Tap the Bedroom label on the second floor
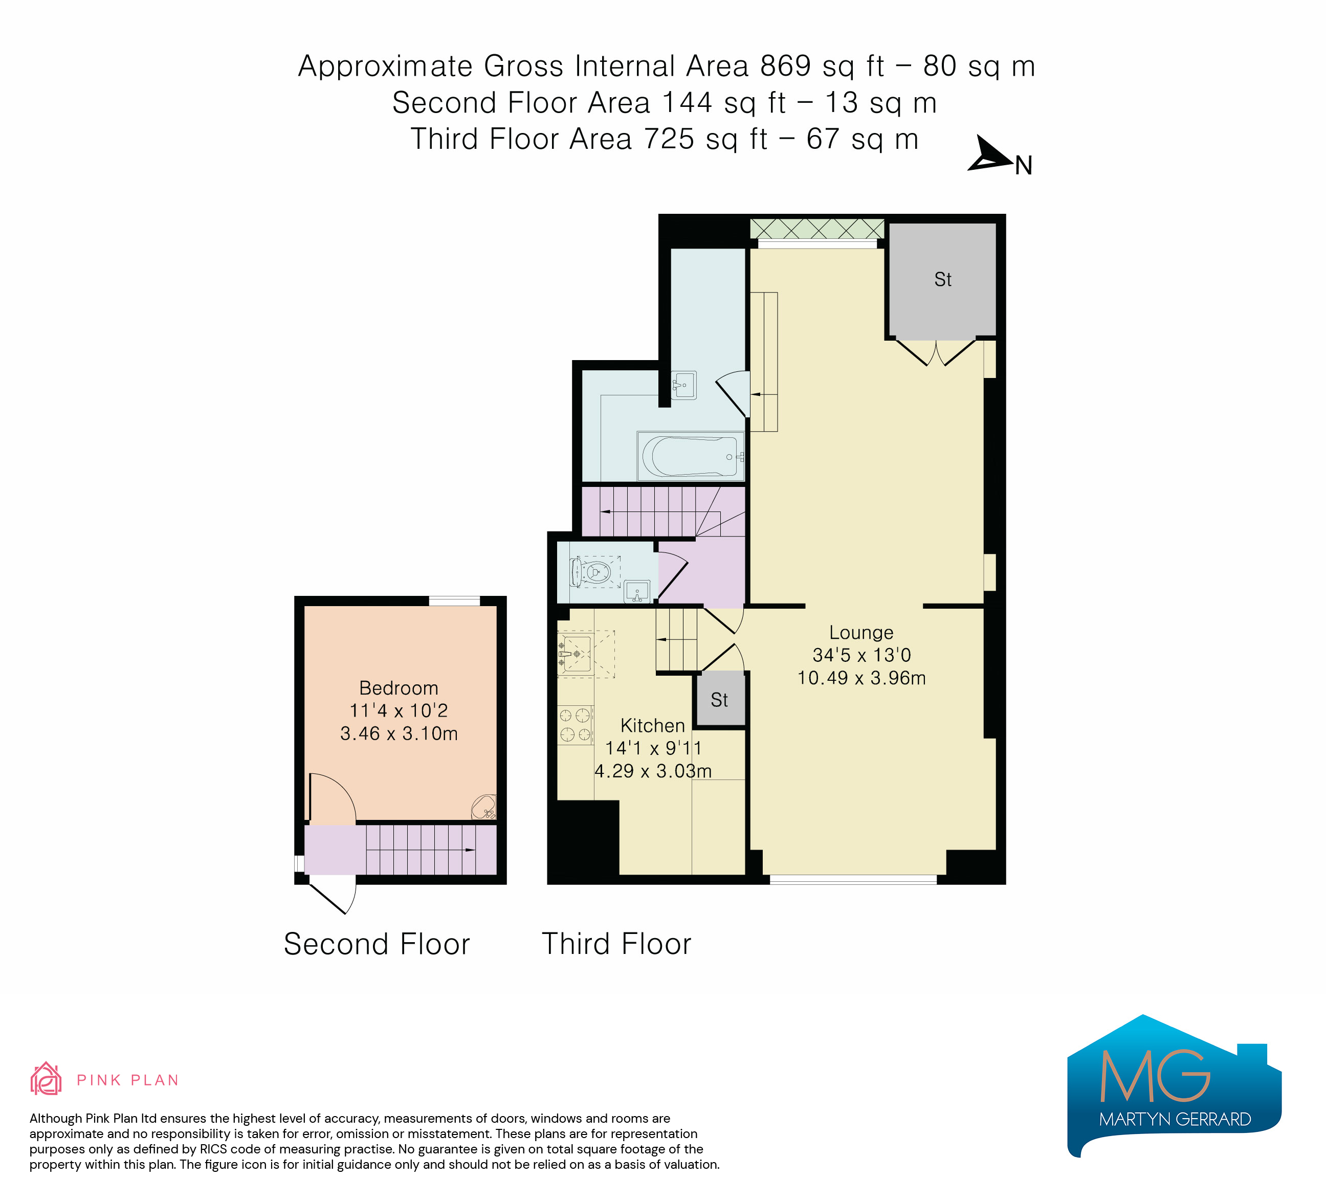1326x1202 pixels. [x=399, y=688]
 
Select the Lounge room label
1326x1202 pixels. [x=861, y=633]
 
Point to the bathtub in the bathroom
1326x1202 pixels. [x=691, y=456]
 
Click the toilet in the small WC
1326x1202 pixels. [x=592, y=572]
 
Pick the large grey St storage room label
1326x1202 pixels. [x=942, y=279]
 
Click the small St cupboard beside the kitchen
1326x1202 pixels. [x=720, y=700]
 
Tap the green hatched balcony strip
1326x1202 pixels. [x=817, y=229]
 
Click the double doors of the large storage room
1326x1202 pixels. [x=935, y=352]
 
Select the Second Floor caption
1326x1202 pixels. [x=377, y=944]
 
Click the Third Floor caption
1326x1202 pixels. [x=616, y=944]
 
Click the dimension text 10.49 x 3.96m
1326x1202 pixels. [x=861, y=678]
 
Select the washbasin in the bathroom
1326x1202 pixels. [x=684, y=385]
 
